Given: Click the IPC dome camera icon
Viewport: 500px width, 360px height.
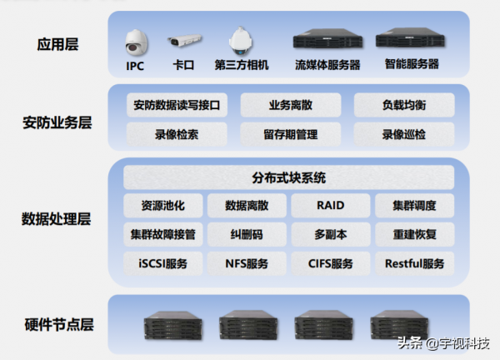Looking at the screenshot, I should [135, 40].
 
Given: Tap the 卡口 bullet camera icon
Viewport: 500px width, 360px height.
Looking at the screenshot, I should [184, 40].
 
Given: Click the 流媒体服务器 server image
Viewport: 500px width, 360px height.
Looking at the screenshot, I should [327, 39].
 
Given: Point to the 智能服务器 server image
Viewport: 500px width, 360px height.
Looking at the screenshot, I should [411, 39].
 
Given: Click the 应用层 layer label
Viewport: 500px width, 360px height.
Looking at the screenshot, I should [58, 45].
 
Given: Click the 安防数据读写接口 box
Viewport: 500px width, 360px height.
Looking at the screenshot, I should [177, 106].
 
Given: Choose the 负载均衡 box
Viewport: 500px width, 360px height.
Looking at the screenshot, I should [404, 106].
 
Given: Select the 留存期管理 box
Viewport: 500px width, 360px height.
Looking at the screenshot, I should [291, 134].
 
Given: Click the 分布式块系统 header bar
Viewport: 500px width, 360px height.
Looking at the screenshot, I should [289, 177].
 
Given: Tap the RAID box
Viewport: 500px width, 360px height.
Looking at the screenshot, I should [330, 206].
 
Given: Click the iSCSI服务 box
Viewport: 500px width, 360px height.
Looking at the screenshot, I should [163, 264].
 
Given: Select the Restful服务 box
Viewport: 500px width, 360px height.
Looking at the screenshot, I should [414, 264].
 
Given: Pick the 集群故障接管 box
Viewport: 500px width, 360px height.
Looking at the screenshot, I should [163, 235].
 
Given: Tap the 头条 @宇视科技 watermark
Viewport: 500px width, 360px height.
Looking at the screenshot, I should [442, 343].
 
